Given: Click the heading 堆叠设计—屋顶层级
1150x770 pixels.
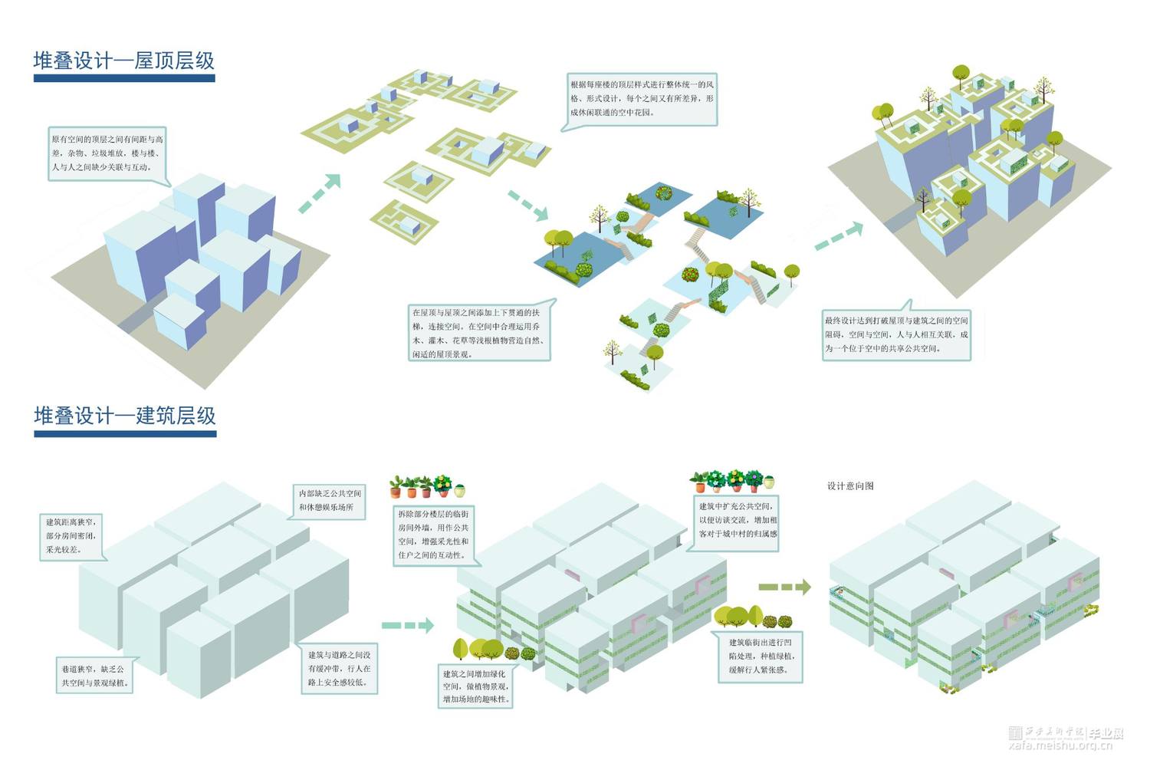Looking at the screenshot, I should point(123,61).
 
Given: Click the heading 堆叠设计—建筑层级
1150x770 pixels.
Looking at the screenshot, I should point(125,416).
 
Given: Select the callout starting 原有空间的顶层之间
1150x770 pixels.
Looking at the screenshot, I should point(107,153).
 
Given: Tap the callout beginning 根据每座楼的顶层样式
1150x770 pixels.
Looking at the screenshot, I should point(641,98).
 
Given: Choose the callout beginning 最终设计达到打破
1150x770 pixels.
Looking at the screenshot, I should point(895,334).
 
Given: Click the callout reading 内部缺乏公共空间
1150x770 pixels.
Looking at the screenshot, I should point(330,500).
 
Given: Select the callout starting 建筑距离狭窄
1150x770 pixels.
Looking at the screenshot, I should point(72,535).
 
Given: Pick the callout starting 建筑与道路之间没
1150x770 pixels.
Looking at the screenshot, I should point(339,668).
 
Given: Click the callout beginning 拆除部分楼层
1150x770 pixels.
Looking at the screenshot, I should point(433,534).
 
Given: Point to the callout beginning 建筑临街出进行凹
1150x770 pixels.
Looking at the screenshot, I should point(761,656).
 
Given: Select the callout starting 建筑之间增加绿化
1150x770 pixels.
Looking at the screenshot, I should point(475,686).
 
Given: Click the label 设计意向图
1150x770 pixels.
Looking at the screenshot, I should point(850,486).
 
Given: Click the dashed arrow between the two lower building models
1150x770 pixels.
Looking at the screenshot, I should point(407,626).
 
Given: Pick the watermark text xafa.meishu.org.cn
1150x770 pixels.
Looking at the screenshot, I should point(1066,745).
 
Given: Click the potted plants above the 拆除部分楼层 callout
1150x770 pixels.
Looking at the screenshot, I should point(427,486).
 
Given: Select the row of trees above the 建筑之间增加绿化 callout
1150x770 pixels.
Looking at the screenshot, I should point(494,650).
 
